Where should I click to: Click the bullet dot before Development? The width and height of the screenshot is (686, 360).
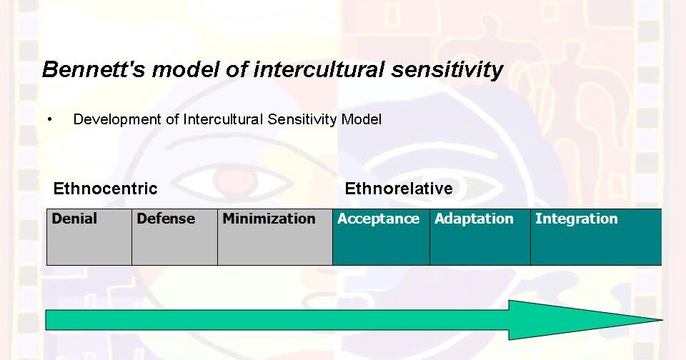49,119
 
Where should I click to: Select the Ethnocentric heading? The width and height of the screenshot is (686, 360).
105,189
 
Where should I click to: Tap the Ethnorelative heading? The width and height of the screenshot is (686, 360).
398,189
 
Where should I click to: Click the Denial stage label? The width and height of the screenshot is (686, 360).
74,219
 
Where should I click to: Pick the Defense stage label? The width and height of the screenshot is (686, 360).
166,219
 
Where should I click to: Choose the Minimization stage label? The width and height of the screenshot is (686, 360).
269,219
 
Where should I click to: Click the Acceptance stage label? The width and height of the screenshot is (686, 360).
378,219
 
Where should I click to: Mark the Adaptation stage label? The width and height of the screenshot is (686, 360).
474,219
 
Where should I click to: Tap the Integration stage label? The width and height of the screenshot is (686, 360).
576,219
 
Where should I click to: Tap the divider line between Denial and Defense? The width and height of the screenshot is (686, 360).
131,237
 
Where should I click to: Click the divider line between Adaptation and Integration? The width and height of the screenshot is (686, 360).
530,237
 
